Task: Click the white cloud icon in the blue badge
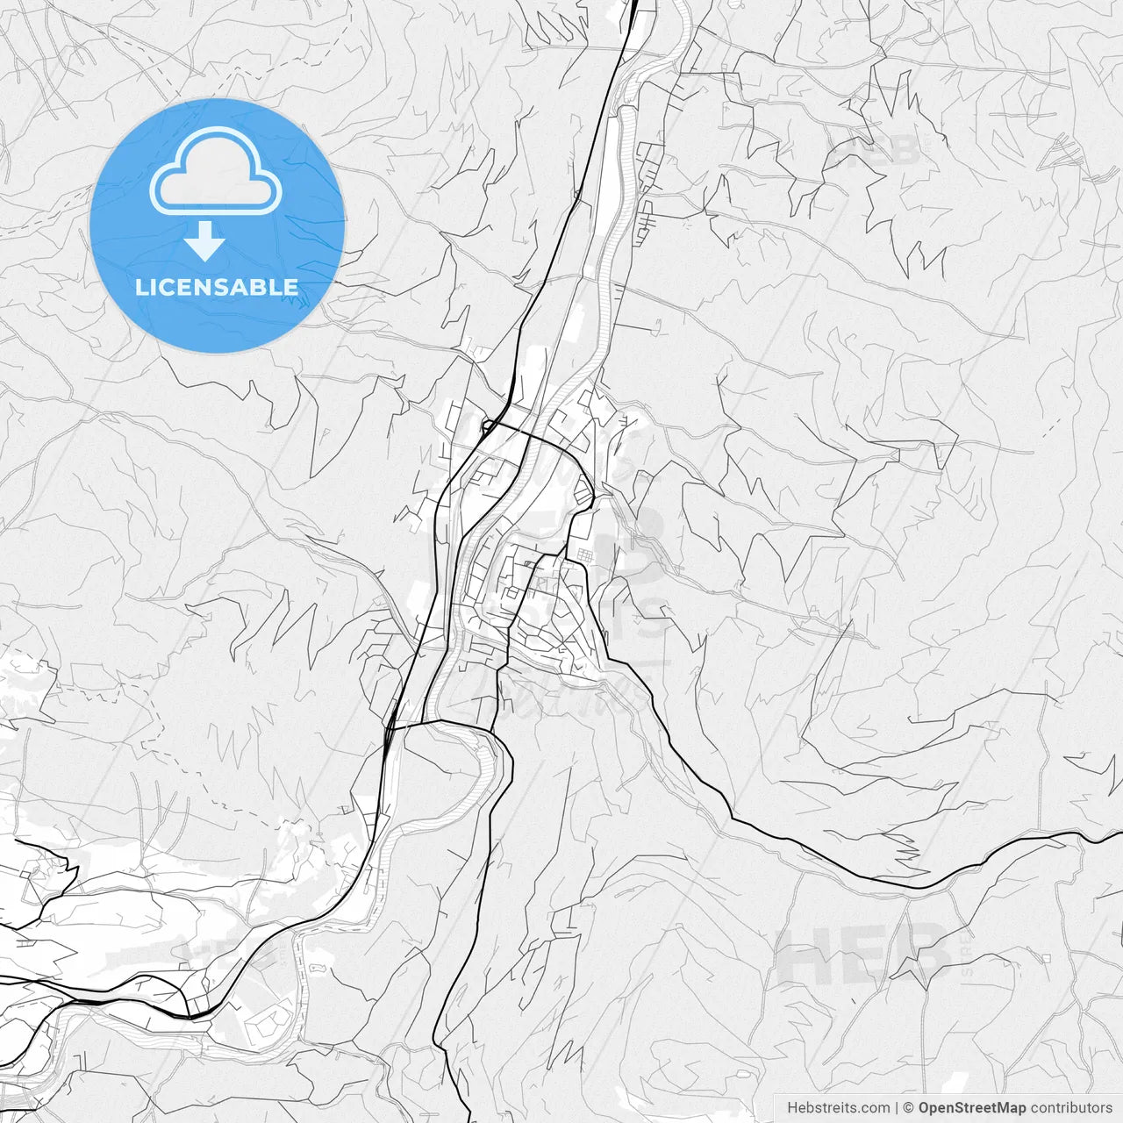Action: pos(216,171)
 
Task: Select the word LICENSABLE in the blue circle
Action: pos(217,287)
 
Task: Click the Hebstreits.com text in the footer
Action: pos(838,1108)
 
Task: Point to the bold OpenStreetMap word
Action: pos(971,1108)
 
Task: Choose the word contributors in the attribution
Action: pos(1071,1108)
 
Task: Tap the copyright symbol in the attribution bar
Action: pos(909,1108)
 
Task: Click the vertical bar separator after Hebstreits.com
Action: pos(897,1108)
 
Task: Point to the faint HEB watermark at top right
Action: pos(877,149)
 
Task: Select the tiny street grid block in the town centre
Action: pos(584,554)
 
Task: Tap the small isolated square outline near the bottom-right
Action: pos(1046,958)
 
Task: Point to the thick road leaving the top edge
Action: pos(634,4)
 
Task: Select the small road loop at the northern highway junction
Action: pos(487,425)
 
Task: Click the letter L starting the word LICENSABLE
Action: pos(141,287)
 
